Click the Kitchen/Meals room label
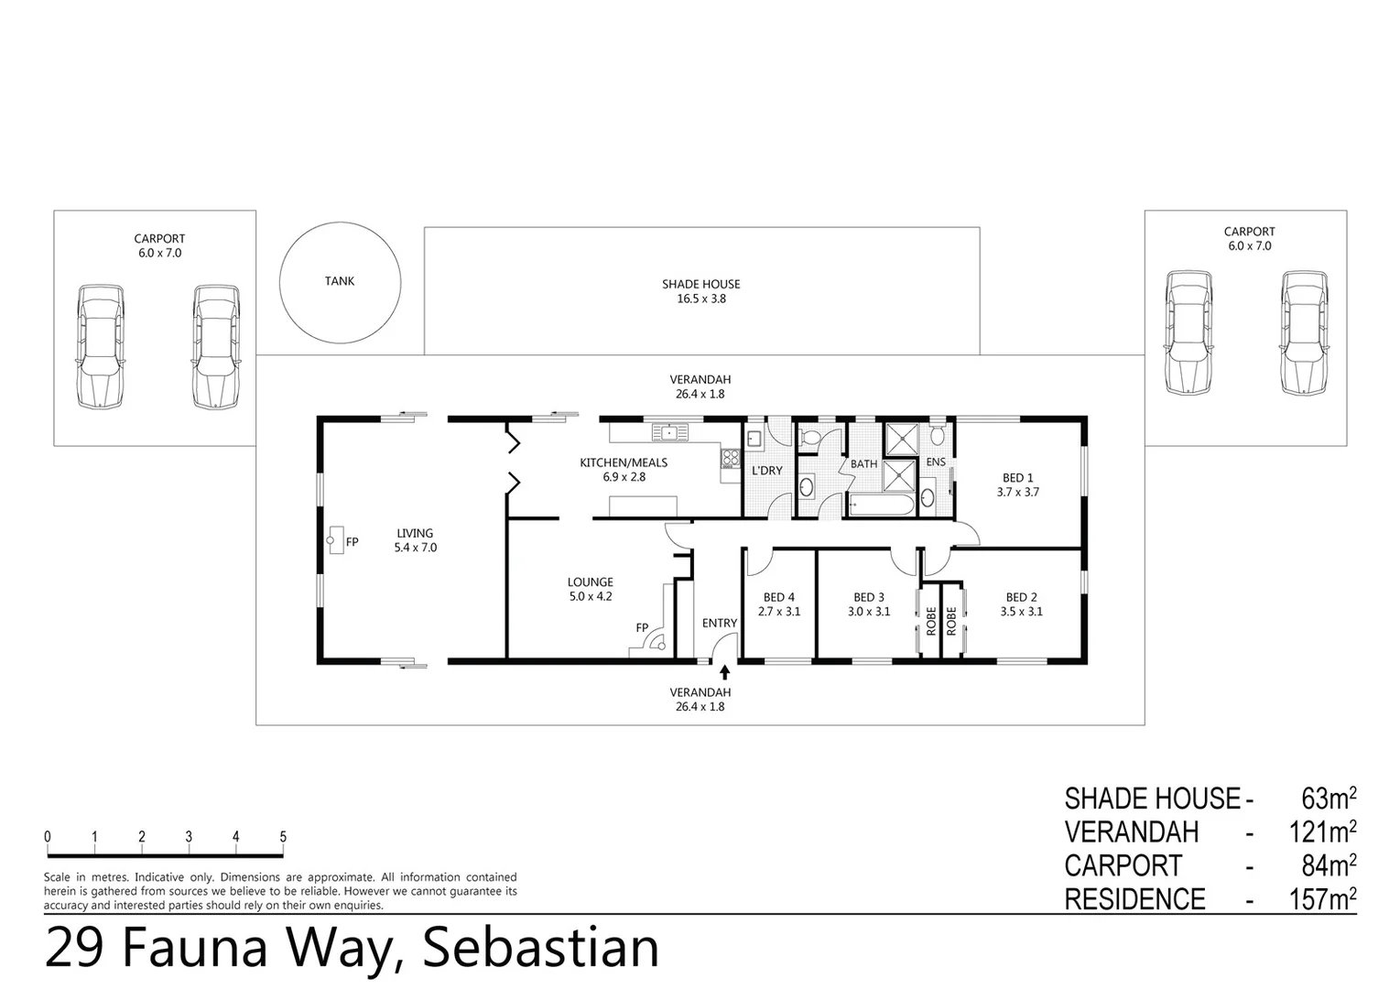point(624,462)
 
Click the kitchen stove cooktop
point(731,458)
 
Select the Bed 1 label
point(1017,477)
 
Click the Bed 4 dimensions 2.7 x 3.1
point(778,612)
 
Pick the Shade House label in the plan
point(700,284)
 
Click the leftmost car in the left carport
point(100,347)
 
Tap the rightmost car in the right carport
point(1304,333)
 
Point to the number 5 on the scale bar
point(283,836)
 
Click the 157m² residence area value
point(1322,899)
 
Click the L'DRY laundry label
point(766,471)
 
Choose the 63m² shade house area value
point(1328,799)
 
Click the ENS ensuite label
point(935,462)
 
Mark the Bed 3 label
point(868,597)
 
